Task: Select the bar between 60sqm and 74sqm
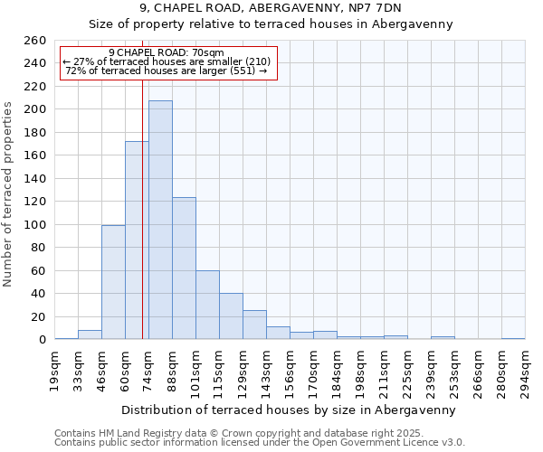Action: (x=137, y=240)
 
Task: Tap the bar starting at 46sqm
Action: (x=113, y=282)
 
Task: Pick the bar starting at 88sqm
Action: (x=184, y=268)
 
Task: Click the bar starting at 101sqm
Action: (x=207, y=305)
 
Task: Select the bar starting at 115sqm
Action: (x=231, y=316)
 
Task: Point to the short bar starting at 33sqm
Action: (x=90, y=334)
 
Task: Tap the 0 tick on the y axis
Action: (x=42, y=340)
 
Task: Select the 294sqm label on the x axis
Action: (x=525, y=371)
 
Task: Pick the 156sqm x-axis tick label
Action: (x=290, y=371)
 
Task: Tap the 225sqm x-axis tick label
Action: (x=407, y=371)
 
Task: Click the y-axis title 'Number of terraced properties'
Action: (x=8, y=193)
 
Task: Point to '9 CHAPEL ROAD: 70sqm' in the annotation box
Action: (x=166, y=52)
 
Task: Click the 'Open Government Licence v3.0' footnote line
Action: (x=260, y=442)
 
